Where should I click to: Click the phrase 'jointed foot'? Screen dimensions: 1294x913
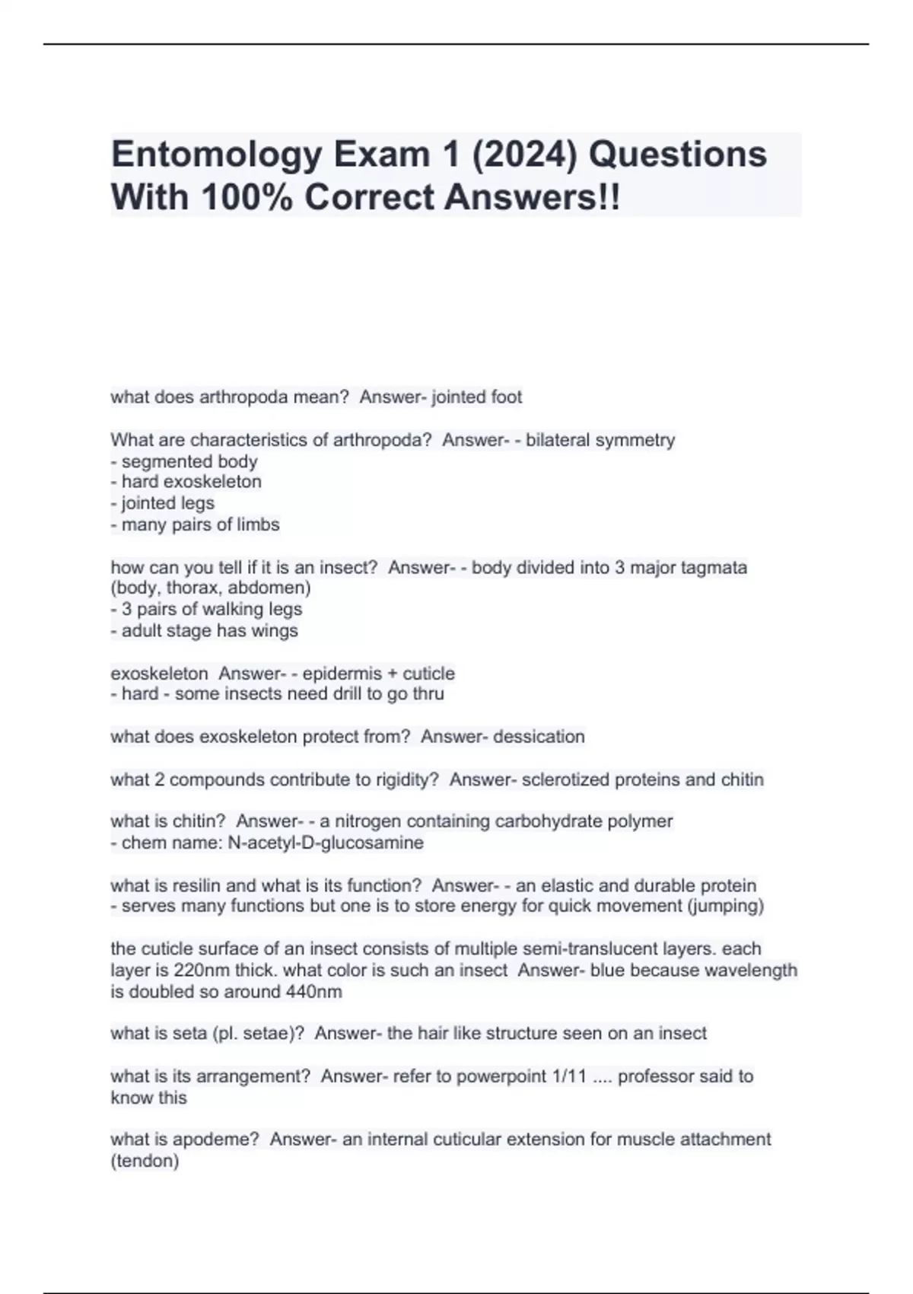(477, 397)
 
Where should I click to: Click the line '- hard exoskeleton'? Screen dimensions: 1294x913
(186, 482)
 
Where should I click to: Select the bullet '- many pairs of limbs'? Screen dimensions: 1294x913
(196, 524)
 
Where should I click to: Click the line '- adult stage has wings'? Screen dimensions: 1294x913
(205, 630)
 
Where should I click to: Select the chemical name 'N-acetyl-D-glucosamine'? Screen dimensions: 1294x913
(326, 843)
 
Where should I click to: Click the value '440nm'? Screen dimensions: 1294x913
(313, 991)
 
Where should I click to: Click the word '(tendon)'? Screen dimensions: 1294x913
(145, 1161)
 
